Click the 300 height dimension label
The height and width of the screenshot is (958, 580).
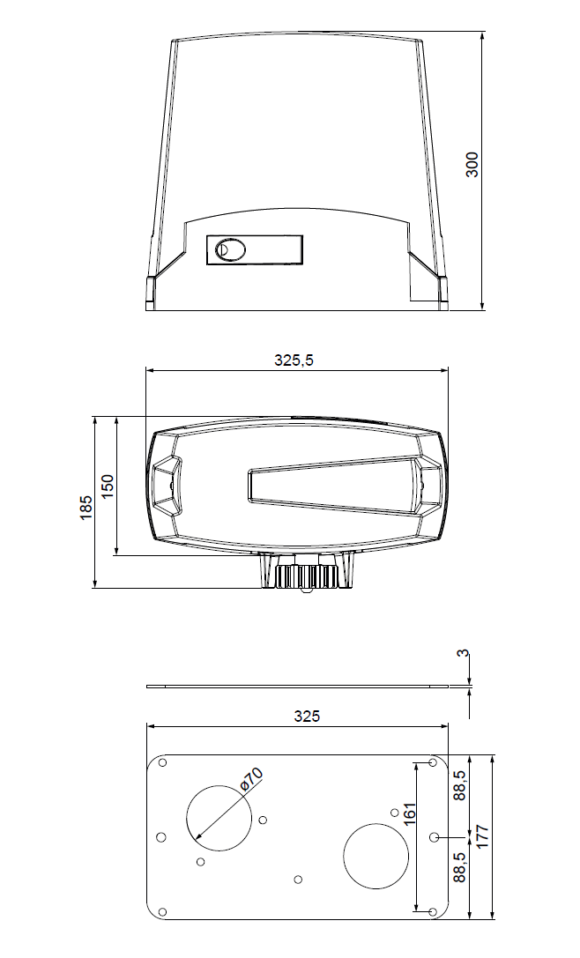[x=472, y=164]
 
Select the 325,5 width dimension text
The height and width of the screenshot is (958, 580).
[x=294, y=360]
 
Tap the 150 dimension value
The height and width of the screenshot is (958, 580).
[x=108, y=486]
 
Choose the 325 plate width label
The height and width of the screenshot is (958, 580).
[x=307, y=717]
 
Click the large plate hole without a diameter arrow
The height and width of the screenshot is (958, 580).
[x=376, y=856]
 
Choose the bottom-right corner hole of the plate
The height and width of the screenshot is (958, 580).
[x=431, y=910]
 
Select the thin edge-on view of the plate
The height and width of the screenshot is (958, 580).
[x=297, y=686]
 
